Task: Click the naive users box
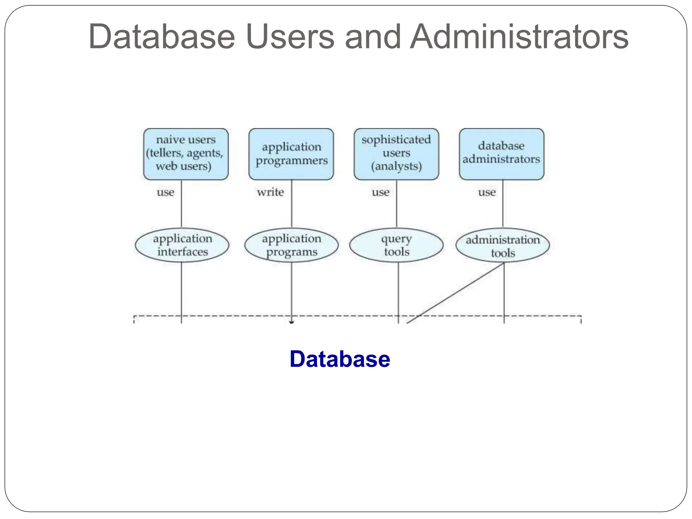[186, 154]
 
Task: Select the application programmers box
[291, 154]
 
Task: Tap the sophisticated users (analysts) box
[396, 154]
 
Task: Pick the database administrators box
[501, 154]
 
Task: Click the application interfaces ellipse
[182, 245]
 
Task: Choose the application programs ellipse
[291, 245]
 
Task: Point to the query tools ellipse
[396, 245]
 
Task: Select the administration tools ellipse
[502, 246]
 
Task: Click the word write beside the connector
[270, 192]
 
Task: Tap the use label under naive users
[166, 192]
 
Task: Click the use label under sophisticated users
[380, 192]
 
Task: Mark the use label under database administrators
[487, 192]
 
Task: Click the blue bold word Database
[340, 359]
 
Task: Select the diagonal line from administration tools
[456, 293]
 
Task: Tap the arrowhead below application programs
[292, 322]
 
